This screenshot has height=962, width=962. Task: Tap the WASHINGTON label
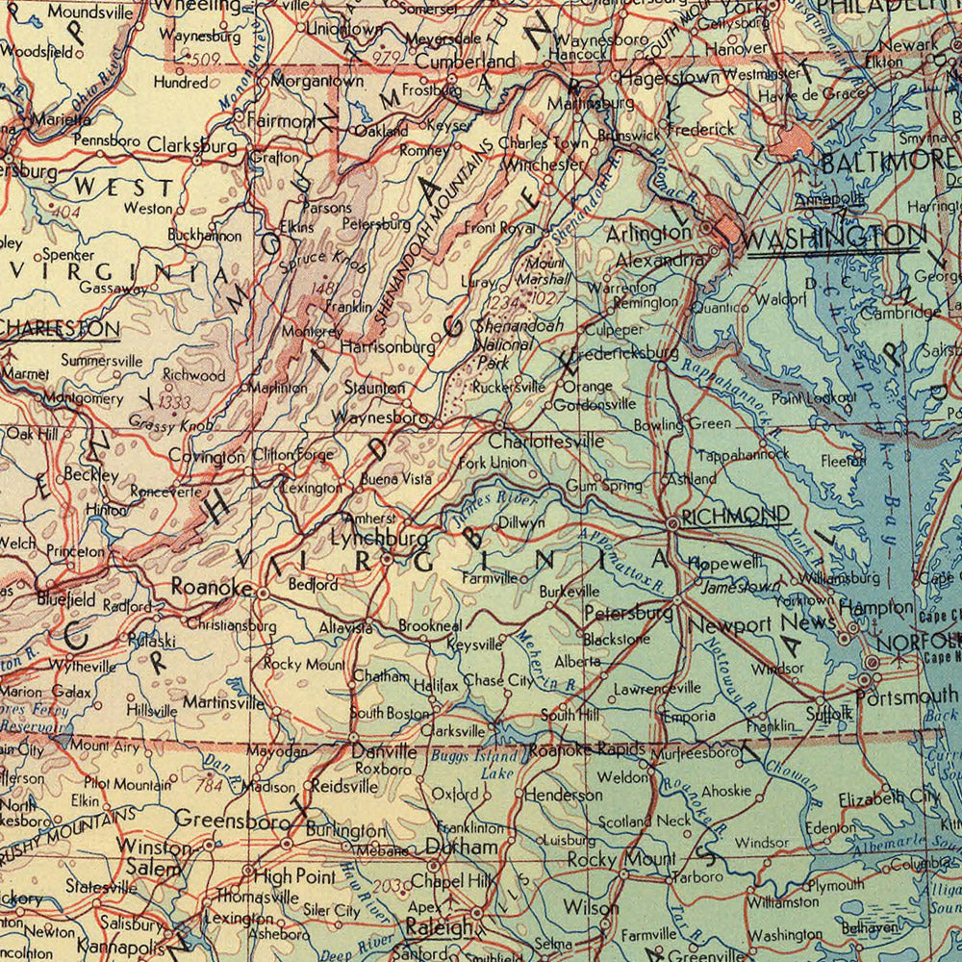[x=832, y=236]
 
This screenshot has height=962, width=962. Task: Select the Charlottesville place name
[x=545, y=441]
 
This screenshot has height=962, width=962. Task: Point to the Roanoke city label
[x=212, y=586]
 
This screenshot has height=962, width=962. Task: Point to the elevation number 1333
[x=176, y=402]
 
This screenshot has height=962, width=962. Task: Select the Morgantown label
[x=316, y=82]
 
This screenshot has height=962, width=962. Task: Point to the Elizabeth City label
[x=888, y=797]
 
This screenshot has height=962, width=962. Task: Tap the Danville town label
[x=384, y=749]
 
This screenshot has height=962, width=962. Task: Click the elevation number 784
[x=208, y=785]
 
